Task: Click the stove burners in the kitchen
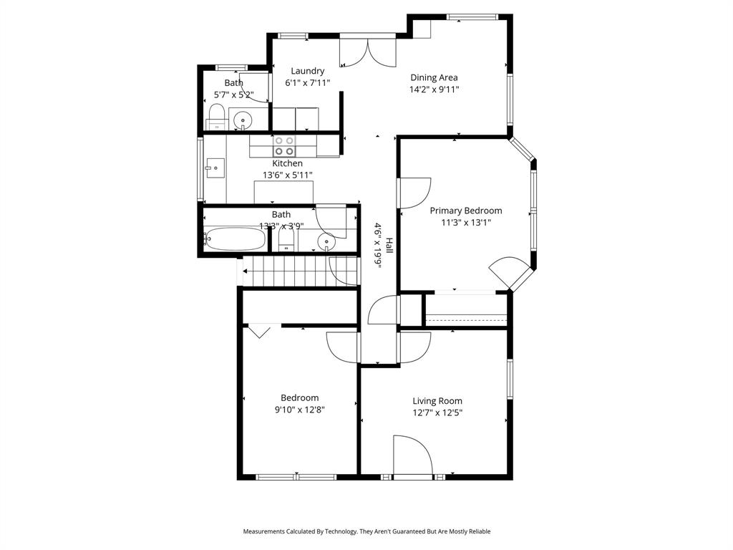click(x=284, y=146)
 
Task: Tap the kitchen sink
click(x=213, y=170)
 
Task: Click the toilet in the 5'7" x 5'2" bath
click(x=216, y=115)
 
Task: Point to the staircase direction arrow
click(x=246, y=271)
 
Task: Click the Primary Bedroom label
click(x=465, y=211)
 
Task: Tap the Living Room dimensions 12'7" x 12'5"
click(x=437, y=412)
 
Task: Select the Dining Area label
click(x=434, y=77)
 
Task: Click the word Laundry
click(x=308, y=71)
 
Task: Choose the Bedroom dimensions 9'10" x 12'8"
click(x=299, y=410)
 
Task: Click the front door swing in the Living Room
click(x=412, y=455)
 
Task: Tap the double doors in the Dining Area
click(x=367, y=52)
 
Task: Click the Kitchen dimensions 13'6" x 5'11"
click(x=287, y=175)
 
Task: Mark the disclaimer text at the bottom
click(x=366, y=531)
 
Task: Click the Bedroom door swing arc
click(x=341, y=347)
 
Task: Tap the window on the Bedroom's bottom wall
click(x=296, y=477)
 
